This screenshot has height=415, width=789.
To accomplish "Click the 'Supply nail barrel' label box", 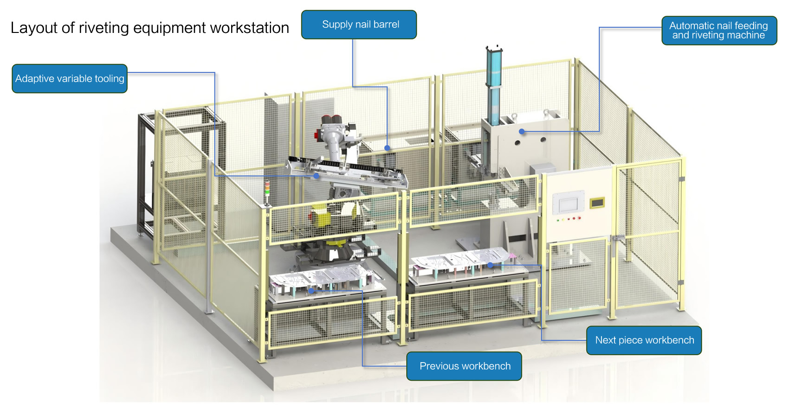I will pos(359,25).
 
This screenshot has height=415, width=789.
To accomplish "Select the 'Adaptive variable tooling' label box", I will pos(70,79).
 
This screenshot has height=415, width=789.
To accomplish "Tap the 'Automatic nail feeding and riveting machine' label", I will pos(718,31).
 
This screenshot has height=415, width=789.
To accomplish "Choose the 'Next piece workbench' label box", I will pos(644,340).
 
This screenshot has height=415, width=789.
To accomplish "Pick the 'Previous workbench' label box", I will pos(464,366).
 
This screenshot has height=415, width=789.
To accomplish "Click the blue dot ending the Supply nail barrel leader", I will pos(387,148).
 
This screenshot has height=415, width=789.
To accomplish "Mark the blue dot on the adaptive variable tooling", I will pos(316,176).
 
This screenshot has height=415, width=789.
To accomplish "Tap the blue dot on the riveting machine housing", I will pos(522,132).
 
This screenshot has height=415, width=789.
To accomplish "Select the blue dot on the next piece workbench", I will pos(490,265).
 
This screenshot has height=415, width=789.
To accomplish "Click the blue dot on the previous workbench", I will pos(311,291).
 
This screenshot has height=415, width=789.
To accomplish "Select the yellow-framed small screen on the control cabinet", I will pos(597,202).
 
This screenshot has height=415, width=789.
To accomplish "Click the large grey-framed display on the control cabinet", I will pos(568,204).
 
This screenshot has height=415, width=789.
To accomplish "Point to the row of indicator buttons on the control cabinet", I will pos(569,219).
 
